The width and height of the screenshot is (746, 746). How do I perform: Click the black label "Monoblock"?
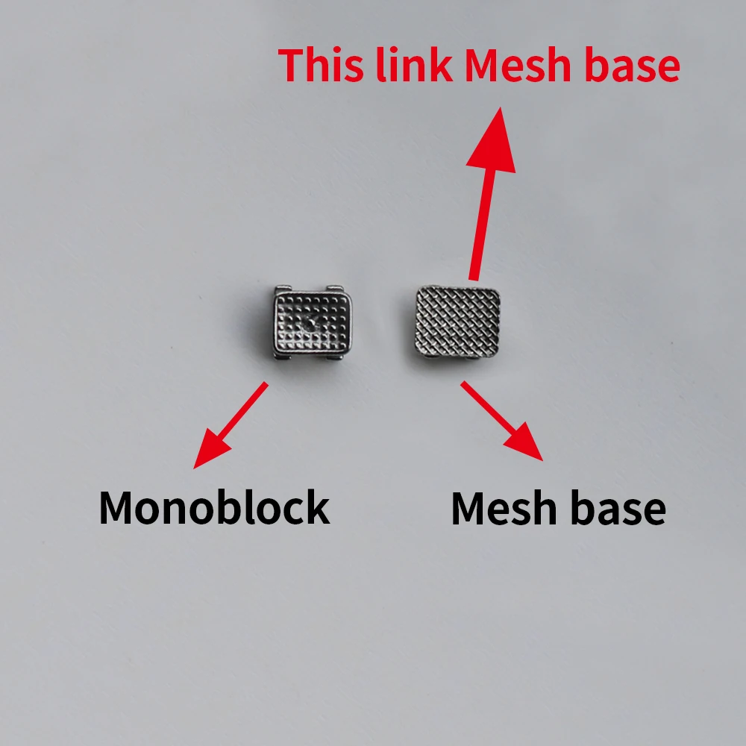tap(214, 508)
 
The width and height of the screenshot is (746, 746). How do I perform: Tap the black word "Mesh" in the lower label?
tap(500, 510)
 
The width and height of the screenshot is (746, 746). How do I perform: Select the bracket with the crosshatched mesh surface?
tap(457, 323)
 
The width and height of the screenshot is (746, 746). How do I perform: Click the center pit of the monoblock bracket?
tap(308, 325)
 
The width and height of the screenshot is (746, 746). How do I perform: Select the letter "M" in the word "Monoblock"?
tap(116, 508)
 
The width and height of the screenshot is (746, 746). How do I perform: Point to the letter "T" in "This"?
tap(292, 66)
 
